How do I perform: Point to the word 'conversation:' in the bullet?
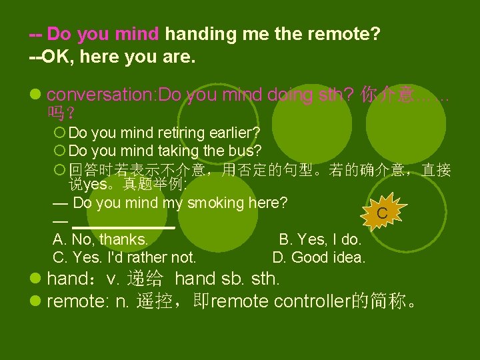(101, 95)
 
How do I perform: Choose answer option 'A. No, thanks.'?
(100, 239)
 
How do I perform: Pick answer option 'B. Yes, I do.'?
(320, 239)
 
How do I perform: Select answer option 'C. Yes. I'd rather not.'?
(124, 257)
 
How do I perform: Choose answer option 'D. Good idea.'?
(319, 257)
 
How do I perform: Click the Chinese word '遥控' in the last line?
(154, 301)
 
